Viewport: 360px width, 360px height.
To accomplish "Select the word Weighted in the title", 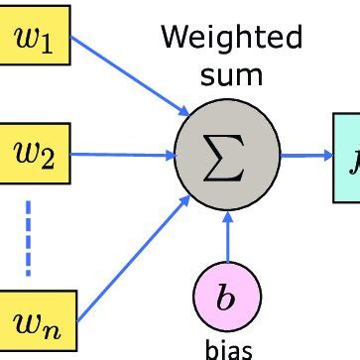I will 230,40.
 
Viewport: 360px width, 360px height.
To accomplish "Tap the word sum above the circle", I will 229,75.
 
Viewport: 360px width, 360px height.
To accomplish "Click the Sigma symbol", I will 229,155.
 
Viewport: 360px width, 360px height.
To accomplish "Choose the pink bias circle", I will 227,297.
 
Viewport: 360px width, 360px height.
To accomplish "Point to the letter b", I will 227,297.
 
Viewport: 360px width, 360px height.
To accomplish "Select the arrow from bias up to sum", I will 229,233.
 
